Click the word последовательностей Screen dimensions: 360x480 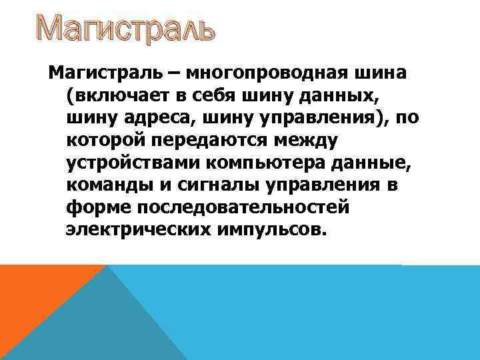click(x=243, y=207)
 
